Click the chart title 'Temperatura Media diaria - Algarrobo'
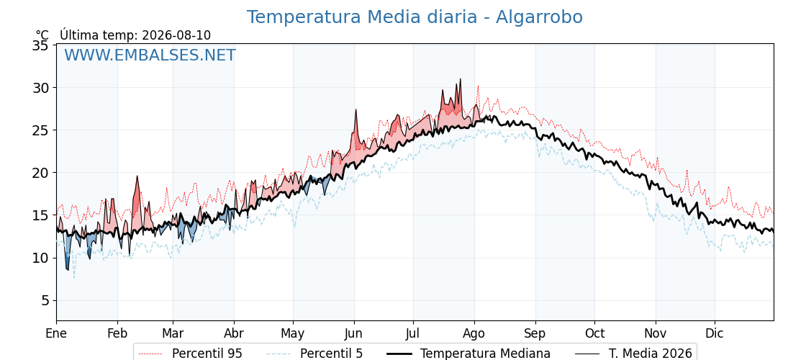tap(415, 17)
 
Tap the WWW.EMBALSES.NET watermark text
tap(150, 55)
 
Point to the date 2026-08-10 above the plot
tap(176, 35)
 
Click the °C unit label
tap(42, 35)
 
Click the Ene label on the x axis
tap(56, 334)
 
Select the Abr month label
tap(234, 334)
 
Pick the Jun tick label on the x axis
tap(354, 334)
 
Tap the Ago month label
tap(474, 334)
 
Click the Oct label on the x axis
tap(594, 334)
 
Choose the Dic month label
tap(715, 334)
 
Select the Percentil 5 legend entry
tap(315, 354)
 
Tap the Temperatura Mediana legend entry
tap(467, 354)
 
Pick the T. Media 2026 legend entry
tap(634, 354)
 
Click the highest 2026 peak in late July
tap(460, 79)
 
